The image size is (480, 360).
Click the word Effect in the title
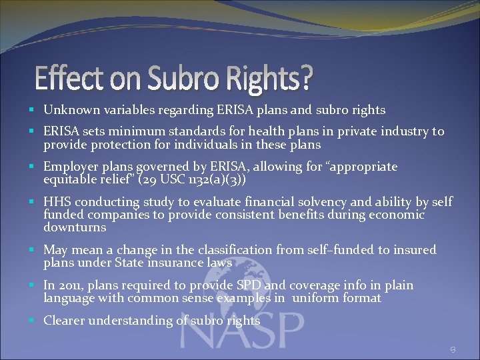[65, 79]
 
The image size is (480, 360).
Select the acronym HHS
[57, 202]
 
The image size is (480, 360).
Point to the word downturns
[75, 227]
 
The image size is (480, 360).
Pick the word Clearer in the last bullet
[66, 321]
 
